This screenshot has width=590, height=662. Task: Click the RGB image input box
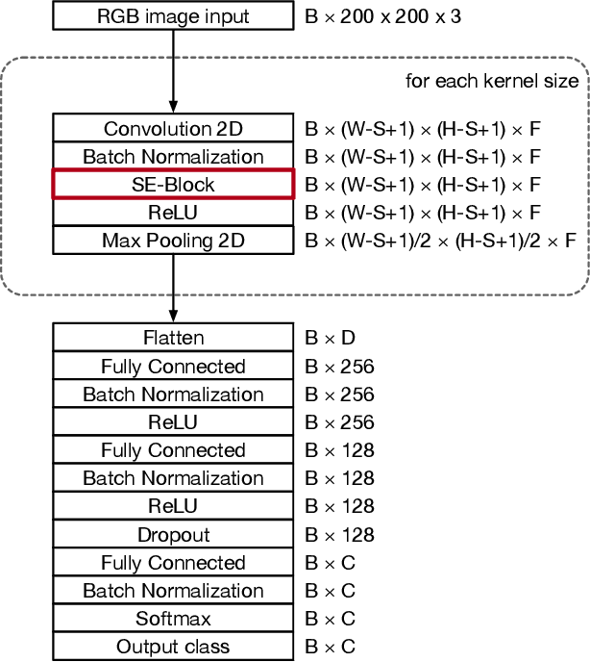tap(173, 16)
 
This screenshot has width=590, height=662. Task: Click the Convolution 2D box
tap(173, 129)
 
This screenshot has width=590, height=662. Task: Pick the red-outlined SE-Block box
tap(173, 184)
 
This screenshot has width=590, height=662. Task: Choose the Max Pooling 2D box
tap(173, 240)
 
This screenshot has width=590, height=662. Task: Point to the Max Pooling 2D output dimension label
tap(440, 240)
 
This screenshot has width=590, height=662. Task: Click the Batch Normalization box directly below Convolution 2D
tap(173, 156)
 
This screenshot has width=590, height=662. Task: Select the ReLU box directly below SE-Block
tap(173, 212)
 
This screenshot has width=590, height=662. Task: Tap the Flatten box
tap(173, 338)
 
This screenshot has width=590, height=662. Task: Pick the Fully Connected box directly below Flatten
tap(173, 367)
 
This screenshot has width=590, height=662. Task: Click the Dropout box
tap(173, 535)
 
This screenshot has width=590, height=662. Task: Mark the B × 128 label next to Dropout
tap(339, 535)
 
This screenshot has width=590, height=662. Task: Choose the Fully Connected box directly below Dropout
tap(173, 563)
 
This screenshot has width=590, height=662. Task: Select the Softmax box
tap(173, 619)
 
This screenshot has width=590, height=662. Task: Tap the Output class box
tap(173, 647)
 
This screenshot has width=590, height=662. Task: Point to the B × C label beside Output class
tap(330, 647)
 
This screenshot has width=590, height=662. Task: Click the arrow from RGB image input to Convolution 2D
tap(173, 72)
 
